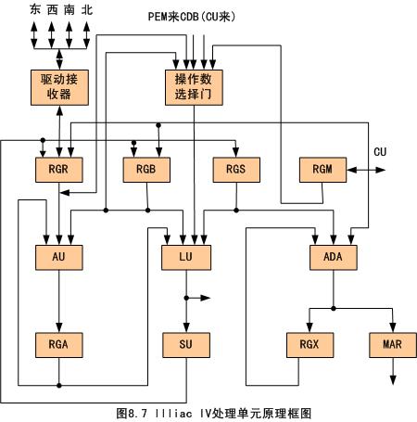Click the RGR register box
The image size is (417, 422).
click(x=59, y=170)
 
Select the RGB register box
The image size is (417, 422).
click(x=146, y=170)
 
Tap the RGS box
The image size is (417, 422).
click(x=236, y=170)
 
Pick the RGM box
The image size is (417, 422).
click(x=322, y=170)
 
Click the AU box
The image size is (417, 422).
click(x=59, y=258)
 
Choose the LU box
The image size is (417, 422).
click(x=186, y=258)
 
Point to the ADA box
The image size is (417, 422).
click(x=334, y=258)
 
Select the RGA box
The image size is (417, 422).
click(x=59, y=345)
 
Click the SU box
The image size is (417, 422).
click(x=186, y=345)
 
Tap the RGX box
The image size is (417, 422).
click(x=310, y=345)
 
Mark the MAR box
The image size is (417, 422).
click(x=393, y=345)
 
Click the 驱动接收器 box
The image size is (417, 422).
click(x=59, y=87)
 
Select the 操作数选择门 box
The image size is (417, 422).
click(x=194, y=87)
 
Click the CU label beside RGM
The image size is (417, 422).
click(x=380, y=152)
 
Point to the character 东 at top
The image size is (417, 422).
click(x=35, y=10)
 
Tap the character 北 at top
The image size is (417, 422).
click(x=87, y=10)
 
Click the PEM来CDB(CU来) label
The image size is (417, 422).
click(x=192, y=17)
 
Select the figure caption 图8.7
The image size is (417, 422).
click(x=132, y=414)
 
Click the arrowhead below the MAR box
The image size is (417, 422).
click(x=393, y=380)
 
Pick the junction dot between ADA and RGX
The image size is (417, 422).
click(x=334, y=308)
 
